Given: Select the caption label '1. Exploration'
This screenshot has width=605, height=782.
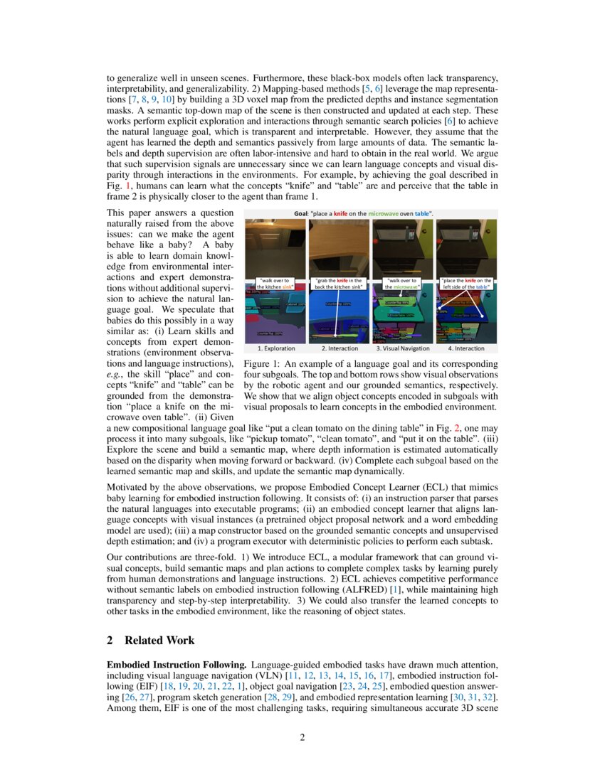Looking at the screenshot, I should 275,348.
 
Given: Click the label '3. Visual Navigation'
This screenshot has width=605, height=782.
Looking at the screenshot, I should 403,348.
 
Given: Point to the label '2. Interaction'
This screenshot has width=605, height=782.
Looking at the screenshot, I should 339,348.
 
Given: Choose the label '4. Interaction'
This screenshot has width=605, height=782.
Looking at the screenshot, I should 466,348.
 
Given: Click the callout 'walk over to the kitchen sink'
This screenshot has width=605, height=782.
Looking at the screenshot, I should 275,283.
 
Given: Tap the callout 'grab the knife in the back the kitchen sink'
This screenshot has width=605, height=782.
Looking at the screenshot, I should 339,283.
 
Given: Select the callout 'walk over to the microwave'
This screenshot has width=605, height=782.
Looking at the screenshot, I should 403,283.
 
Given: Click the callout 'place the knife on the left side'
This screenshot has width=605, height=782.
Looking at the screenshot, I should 466,283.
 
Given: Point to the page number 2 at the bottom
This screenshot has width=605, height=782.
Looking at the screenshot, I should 302,737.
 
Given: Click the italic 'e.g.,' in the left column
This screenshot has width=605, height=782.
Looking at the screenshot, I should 117,375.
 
